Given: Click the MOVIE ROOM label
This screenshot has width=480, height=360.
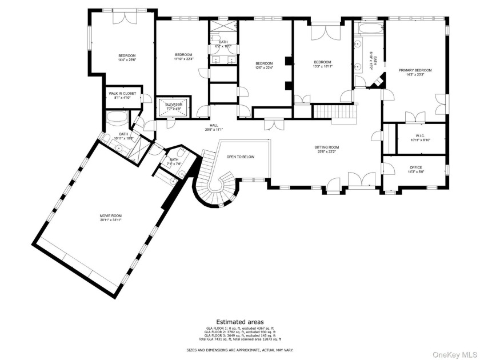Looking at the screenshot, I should (111, 215).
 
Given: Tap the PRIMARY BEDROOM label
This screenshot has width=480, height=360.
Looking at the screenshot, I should (415, 70).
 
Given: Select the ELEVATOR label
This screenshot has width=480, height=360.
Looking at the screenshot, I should (174, 104).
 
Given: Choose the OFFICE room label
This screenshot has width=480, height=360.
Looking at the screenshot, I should (415, 167).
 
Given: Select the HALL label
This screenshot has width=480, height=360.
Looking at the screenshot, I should (213, 125).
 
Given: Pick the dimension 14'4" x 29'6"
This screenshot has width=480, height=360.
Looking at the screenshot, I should (127, 59).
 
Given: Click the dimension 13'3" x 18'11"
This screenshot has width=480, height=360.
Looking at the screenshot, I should (322, 66).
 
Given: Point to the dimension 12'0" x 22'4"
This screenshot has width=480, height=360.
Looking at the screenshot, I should (264, 67).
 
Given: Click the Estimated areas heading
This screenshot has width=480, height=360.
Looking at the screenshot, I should (239, 322).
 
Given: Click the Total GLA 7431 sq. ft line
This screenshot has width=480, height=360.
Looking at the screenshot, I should (239, 339).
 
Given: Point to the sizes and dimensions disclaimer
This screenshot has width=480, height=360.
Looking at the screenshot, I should (239, 350).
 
